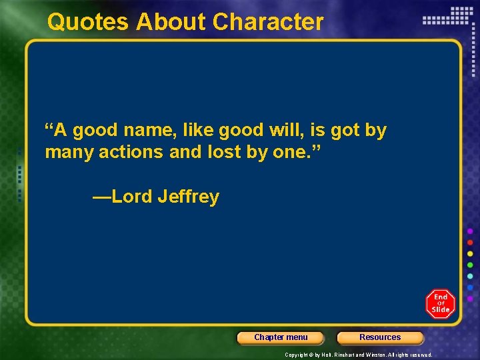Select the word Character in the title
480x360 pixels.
tap(268, 22)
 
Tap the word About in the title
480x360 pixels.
tap(171, 22)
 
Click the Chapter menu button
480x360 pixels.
tap(281, 337)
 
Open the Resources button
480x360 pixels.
tap(380, 337)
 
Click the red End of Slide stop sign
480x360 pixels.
tap(440, 304)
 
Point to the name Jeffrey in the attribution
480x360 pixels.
tap(189, 197)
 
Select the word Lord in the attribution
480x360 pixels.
tap(132, 197)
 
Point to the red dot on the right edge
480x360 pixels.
tap(470, 243)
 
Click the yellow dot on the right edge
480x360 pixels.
tap(470, 254)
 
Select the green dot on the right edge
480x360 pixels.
tap(470, 265)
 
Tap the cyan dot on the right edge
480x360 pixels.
tap(470, 276)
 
